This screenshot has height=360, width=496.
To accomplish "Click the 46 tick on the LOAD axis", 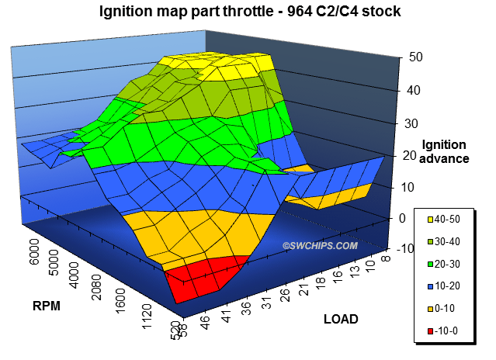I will pos(205,322).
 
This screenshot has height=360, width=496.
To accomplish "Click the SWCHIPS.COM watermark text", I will pos(320,245).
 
